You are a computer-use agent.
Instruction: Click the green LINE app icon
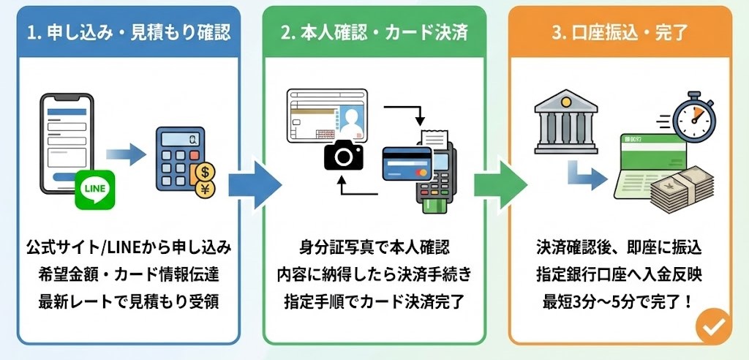point(95,190)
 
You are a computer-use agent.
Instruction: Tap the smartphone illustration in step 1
point(64,139)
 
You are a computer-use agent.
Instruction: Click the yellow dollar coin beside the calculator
point(206,173)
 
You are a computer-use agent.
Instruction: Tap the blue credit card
point(407,164)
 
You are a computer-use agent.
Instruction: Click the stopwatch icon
point(693,118)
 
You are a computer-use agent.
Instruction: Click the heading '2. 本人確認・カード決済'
point(374,33)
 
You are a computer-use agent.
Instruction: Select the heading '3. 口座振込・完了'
point(620,33)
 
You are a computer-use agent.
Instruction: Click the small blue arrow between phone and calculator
point(125,154)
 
